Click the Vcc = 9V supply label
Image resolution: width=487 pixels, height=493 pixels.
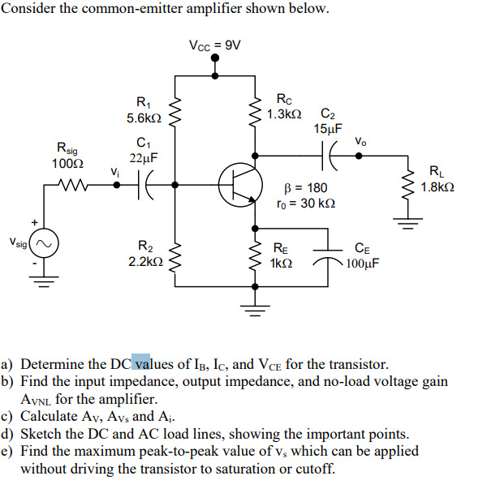(x=214, y=45)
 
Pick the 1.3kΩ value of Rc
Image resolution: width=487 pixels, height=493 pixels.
(x=284, y=114)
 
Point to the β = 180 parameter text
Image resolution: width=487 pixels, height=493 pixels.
(x=301, y=188)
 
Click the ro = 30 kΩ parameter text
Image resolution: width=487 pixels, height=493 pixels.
(x=305, y=203)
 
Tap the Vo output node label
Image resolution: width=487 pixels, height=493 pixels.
(x=360, y=142)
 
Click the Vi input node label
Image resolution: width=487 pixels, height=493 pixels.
(x=114, y=171)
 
